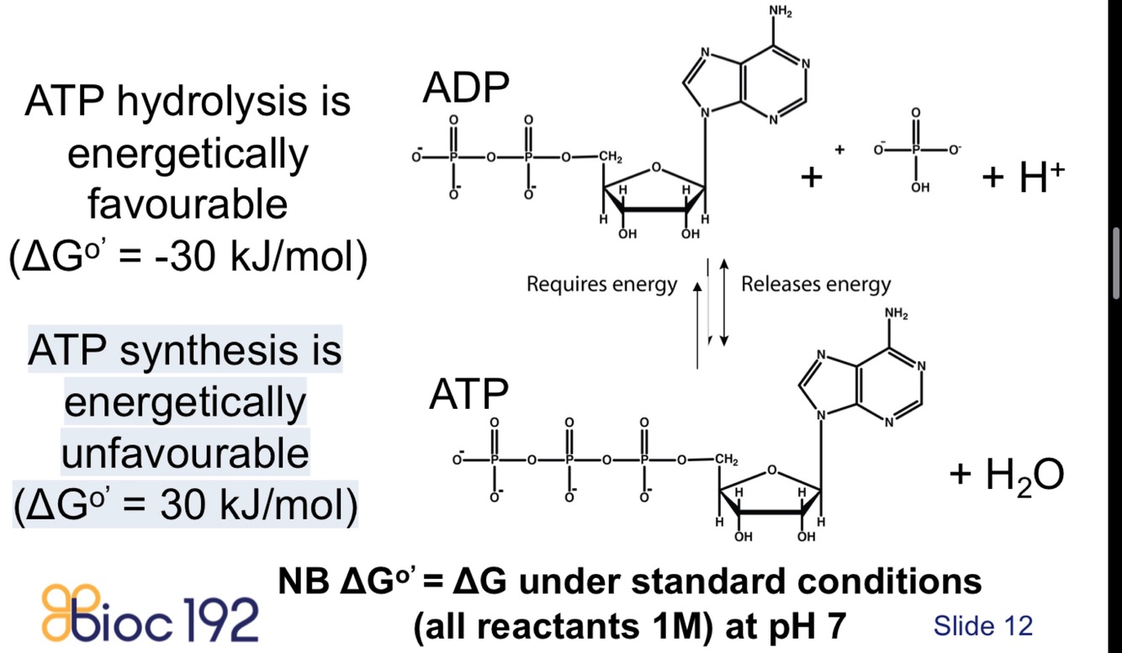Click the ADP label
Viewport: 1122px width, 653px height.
pos(468,88)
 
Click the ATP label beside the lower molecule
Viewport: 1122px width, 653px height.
pos(469,394)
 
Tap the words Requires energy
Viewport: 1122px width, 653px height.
pos(601,284)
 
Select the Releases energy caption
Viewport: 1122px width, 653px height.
pos(815,284)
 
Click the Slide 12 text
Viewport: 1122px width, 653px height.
pos(982,625)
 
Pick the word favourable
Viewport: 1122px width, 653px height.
pos(188,204)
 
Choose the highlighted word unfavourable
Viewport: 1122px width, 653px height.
pos(185,454)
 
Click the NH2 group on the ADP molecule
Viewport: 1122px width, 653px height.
pos(780,11)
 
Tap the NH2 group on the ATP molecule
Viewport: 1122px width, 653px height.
pos(897,315)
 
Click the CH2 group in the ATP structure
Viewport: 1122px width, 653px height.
pos(727,459)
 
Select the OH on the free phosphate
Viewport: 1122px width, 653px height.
pos(919,188)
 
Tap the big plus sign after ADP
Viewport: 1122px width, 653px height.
pos(811,178)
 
